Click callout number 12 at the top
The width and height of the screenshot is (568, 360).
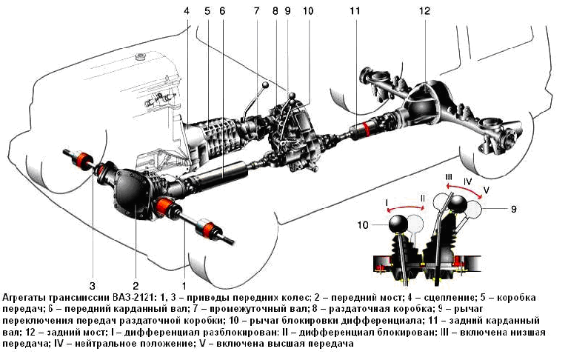424,11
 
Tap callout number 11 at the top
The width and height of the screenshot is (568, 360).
355,11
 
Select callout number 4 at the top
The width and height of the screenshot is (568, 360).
187,11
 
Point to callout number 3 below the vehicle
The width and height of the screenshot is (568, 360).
92,286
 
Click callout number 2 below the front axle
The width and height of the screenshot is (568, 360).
136,286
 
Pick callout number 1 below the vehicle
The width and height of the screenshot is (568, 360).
184,286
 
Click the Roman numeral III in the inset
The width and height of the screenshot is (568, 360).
449,177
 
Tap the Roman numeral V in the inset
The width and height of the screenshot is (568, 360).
486,190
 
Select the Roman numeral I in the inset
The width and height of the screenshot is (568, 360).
387,201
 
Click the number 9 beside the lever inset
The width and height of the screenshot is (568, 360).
513,209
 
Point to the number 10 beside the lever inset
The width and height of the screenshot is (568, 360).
363,225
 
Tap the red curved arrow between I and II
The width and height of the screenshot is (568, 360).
405,207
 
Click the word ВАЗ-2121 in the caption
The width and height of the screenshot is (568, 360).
133,298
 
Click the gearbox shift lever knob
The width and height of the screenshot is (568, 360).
266,84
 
